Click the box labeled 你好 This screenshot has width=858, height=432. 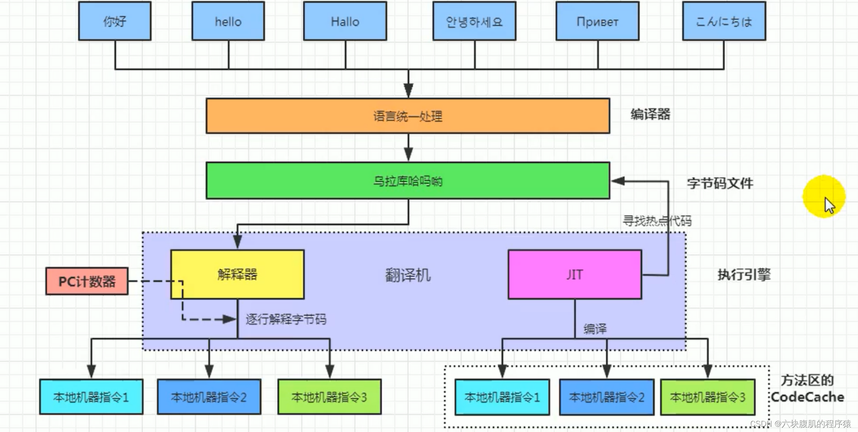tap(115, 21)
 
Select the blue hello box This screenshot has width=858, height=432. tap(228, 21)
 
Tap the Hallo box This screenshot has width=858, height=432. tap(345, 21)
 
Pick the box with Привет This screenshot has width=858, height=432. tap(597, 21)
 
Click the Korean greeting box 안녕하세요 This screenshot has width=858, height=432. tap(474, 21)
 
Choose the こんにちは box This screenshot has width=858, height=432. tap(724, 21)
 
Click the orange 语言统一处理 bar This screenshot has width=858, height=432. tap(408, 116)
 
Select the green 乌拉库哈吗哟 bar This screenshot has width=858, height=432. tap(408, 181)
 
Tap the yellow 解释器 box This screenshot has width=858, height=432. tap(237, 274)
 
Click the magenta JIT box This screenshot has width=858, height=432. tap(575, 274)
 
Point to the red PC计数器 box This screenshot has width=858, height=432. tap(87, 281)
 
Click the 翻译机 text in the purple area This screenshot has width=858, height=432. tap(408, 275)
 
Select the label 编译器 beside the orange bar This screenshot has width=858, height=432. tap(650, 115)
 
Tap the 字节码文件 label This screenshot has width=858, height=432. tap(720, 183)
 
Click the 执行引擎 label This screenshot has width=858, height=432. tap(744, 274)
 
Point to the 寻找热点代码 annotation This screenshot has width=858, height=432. tap(657, 221)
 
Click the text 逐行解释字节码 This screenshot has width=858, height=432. tap(286, 319)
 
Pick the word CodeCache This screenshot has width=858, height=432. tap(807, 397)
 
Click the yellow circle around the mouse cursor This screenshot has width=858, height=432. tap(824, 196)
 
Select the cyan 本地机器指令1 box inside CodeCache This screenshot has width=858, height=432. tap(502, 397)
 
